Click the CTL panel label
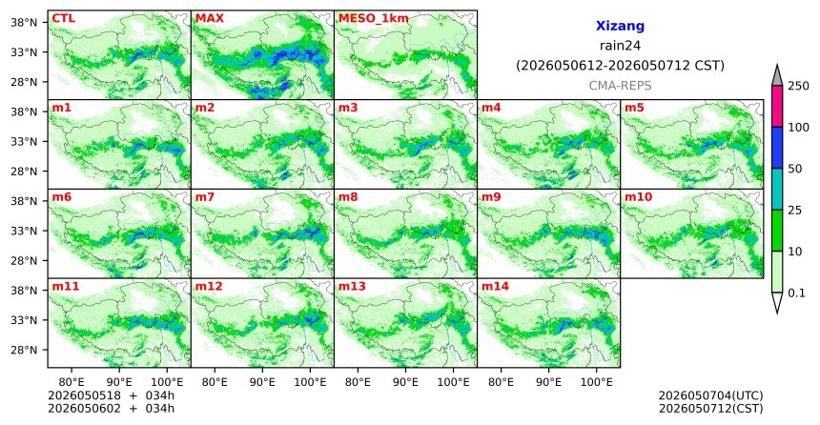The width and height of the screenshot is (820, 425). [x=63, y=19]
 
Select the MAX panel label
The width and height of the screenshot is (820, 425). [x=209, y=19]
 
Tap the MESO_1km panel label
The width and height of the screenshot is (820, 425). [x=374, y=19]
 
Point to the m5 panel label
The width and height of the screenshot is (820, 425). [x=634, y=109]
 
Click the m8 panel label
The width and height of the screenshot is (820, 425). [x=348, y=197]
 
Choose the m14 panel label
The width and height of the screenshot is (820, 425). [x=495, y=287]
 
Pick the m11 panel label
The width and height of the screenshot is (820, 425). [x=66, y=287]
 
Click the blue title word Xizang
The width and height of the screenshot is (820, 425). [x=620, y=26]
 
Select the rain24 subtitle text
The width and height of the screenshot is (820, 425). [x=620, y=46]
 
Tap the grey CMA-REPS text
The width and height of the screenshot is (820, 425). [x=620, y=86]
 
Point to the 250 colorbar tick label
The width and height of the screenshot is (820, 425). [x=799, y=86]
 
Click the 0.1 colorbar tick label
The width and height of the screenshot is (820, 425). [x=796, y=293]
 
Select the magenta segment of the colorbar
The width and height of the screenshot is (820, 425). [x=777, y=106]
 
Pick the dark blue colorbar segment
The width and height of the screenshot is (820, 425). [x=777, y=148]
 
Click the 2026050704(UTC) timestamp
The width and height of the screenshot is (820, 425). [x=710, y=395]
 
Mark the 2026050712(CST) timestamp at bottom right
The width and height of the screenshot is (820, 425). [x=710, y=408]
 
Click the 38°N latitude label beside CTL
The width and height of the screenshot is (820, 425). [x=24, y=23]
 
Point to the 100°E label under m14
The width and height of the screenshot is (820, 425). [x=597, y=383]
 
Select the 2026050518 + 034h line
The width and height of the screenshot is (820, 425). [x=111, y=395]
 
